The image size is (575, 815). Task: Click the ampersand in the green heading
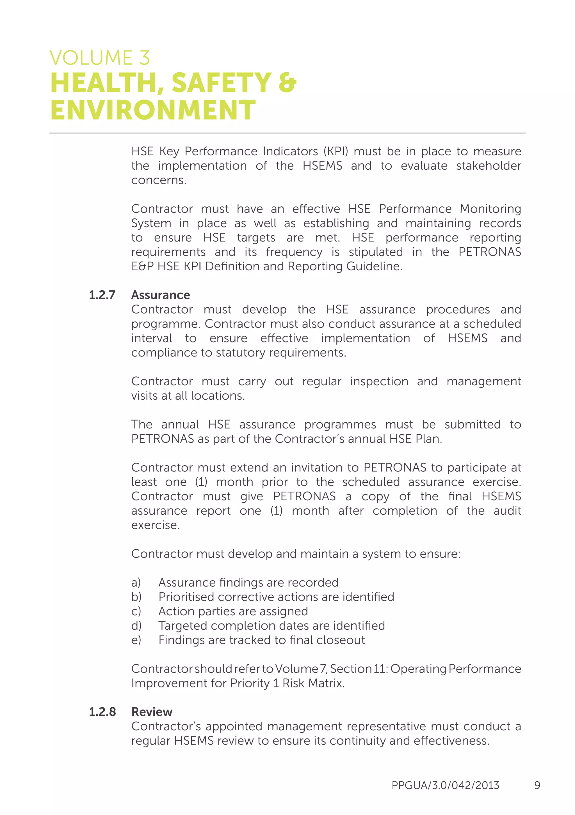(x=287, y=83)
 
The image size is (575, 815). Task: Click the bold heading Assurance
(x=160, y=295)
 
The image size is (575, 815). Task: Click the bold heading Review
(x=152, y=712)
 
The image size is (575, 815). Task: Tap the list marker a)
(x=136, y=583)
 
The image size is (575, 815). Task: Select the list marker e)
(x=136, y=640)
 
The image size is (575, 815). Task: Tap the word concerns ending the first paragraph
(x=159, y=180)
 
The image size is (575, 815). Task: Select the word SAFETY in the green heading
(x=222, y=83)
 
